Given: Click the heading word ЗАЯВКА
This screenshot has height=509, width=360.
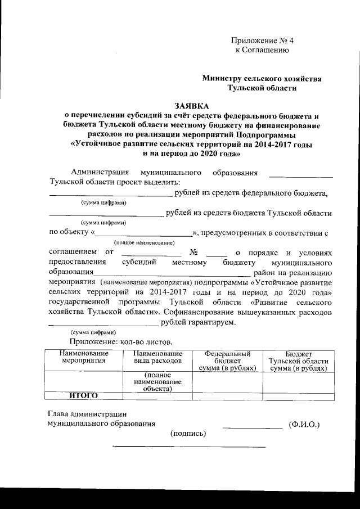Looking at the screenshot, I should [191, 105].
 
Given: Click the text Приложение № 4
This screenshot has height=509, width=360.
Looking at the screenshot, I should [263, 40].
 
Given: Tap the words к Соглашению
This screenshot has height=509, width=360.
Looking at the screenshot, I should [262, 51].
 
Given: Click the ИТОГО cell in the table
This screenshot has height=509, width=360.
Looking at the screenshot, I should [83, 395].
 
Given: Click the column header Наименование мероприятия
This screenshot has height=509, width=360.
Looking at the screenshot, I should [83, 357].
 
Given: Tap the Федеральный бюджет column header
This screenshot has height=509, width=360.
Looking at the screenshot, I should [227, 360].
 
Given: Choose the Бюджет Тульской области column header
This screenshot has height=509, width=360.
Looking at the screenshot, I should [298, 360].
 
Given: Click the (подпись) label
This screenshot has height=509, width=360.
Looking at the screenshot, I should [188, 433].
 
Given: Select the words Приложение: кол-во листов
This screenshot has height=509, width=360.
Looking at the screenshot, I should [121, 341].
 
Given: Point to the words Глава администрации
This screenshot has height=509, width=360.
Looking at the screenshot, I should [87, 413].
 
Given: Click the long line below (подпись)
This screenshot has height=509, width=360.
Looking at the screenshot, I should [190, 447].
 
